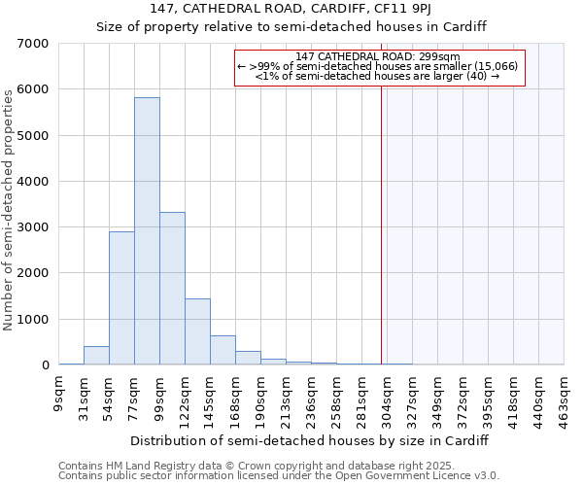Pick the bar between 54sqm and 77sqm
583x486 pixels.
(x=121, y=298)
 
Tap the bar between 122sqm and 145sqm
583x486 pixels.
(x=197, y=331)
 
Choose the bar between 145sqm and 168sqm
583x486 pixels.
(x=223, y=350)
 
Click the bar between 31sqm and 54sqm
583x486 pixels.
(x=96, y=356)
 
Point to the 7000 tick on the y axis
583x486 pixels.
(x=32, y=44)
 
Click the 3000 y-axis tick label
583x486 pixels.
(x=32, y=227)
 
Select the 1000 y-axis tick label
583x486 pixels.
(x=32, y=320)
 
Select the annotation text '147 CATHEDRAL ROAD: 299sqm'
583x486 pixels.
(x=379, y=56)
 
